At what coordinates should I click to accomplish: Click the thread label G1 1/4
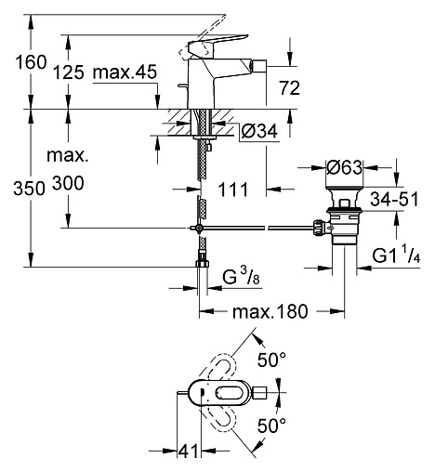coord(398,254)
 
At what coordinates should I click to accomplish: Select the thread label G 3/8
coord(241,277)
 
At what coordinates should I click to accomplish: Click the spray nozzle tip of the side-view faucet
coord(262,66)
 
